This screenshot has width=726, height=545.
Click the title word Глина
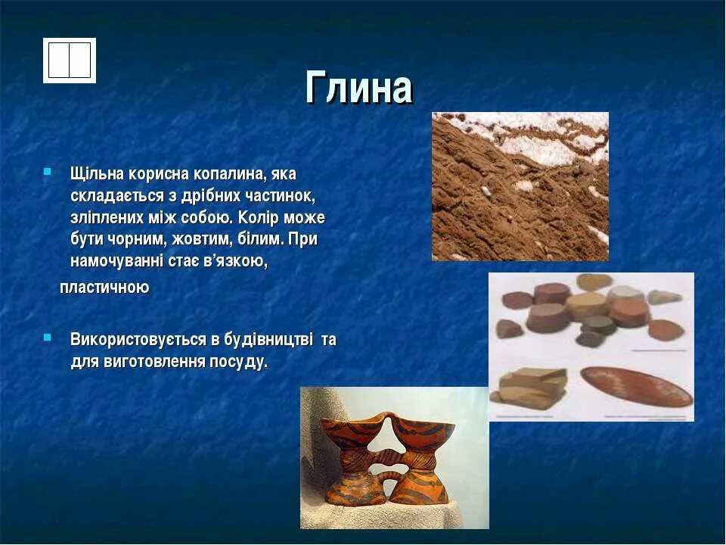(358, 87)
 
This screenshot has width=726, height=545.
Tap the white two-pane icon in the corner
(70, 61)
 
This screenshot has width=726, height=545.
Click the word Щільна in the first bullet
(98, 174)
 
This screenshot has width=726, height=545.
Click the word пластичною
(104, 288)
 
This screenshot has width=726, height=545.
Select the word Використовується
(138, 340)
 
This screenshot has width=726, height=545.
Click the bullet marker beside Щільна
(47, 172)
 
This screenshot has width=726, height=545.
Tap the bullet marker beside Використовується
(47, 338)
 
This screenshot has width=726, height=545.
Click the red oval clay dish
(636, 387)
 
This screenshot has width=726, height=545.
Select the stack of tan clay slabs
(529, 387)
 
